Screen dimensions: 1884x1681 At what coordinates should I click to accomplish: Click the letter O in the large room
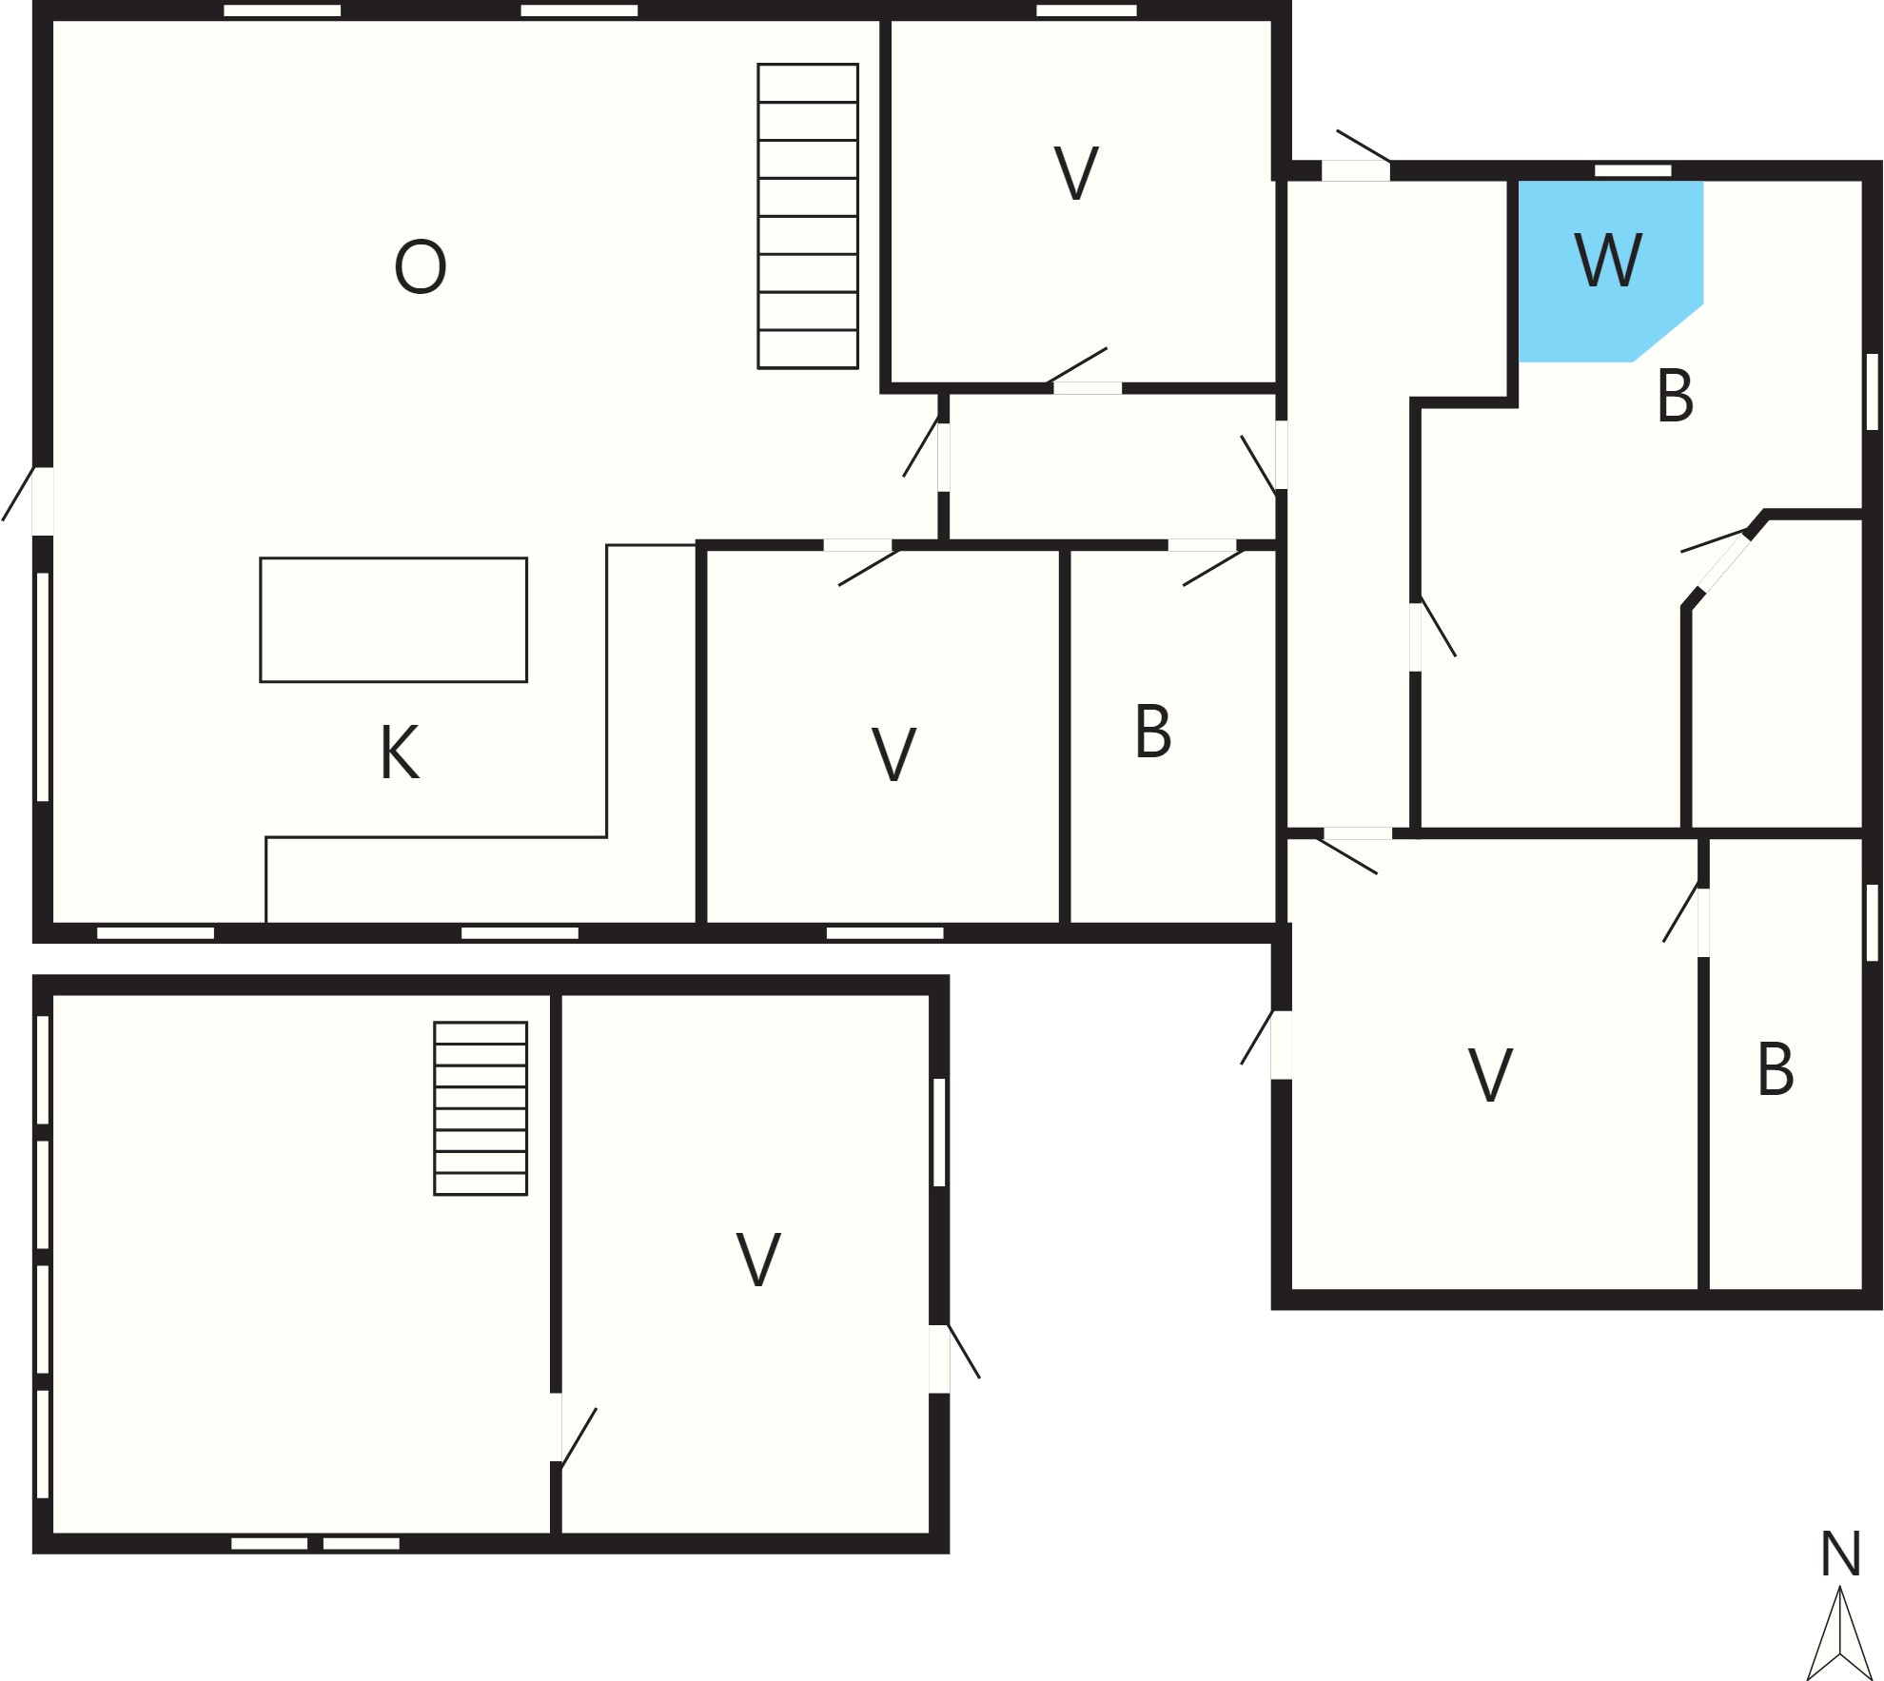[420, 266]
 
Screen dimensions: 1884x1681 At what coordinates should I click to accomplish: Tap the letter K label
[400, 753]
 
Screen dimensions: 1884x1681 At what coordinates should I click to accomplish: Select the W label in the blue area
[1608, 259]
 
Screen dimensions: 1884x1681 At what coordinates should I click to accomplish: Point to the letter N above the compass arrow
[1840, 1554]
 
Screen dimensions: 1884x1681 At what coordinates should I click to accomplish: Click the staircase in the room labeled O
[808, 216]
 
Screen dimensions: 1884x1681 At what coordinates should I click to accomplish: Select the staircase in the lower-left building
[481, 1108]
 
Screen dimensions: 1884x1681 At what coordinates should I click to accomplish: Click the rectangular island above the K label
[393, 619]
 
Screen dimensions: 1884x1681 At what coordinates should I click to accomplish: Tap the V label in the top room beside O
[1076, 173]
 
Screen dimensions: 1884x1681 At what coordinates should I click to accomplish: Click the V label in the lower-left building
[758, 1260]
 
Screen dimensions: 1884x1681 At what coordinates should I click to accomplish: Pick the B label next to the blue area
[1675, 396]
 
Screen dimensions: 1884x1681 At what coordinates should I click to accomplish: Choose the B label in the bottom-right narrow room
[1776, 1069]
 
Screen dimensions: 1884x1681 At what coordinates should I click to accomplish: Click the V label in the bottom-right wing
[1490, 1076]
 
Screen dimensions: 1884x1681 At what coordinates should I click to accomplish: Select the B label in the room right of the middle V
[1152, 732]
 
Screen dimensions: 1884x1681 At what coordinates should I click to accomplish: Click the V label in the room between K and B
[893, 754]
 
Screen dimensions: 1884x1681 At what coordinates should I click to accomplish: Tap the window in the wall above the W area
[1633, 170]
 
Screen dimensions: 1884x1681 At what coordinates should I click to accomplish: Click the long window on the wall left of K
[42, 687]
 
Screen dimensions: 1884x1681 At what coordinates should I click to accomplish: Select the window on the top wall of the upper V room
[1087, 10]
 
